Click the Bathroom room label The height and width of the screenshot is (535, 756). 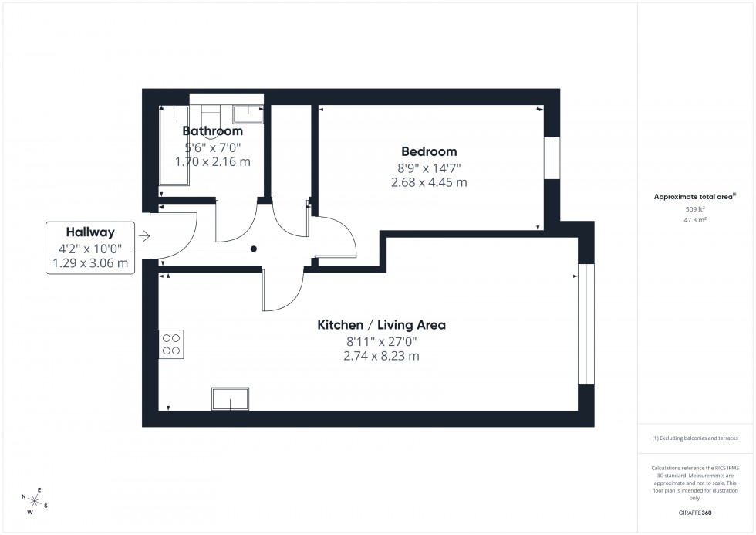(212, 131)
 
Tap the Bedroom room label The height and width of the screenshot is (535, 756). (429, 151)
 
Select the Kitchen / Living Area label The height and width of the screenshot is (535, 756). (381, 325)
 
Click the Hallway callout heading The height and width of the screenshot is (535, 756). (90, 232)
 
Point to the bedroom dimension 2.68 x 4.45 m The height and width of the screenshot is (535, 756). (429, 183)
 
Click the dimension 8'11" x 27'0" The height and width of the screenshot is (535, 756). (381, 341)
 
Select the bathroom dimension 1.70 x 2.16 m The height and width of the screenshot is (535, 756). (212, 162)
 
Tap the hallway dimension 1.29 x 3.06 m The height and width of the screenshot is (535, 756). (90, 264)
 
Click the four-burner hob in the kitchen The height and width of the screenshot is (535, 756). (171, 344)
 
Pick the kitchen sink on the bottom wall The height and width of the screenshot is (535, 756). (230, 399)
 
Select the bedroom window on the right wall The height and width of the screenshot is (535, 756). (552, 158)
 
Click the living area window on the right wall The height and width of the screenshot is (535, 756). (586, 324)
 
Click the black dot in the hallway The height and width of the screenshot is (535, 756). (254, 249)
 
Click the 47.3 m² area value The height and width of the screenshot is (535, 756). (696, 219)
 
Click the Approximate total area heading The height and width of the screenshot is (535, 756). (695, 197)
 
